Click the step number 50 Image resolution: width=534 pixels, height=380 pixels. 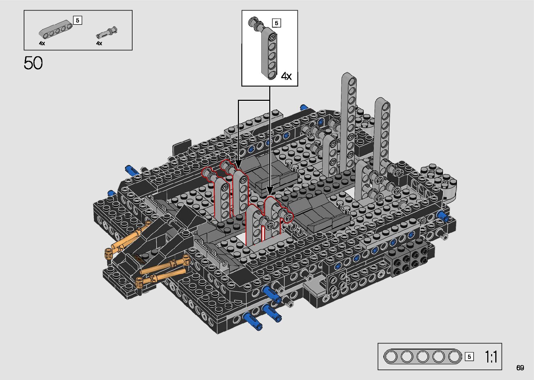click(x=33, y=63)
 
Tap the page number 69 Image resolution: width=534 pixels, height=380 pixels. click(x=520, y=367)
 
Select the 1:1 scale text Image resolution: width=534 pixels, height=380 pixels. click(x=491, y=357)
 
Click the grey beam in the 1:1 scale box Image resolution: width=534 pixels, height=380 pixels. click(x=423, y=357)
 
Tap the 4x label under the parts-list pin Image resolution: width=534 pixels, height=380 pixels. click(x=99, y=43)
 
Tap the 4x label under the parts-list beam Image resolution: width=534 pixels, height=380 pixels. click(x=42, y=43)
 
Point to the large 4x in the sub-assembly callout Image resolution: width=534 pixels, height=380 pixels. click(x=286, y=76)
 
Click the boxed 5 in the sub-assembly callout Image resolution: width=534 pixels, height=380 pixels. click(x=276, y=23)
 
